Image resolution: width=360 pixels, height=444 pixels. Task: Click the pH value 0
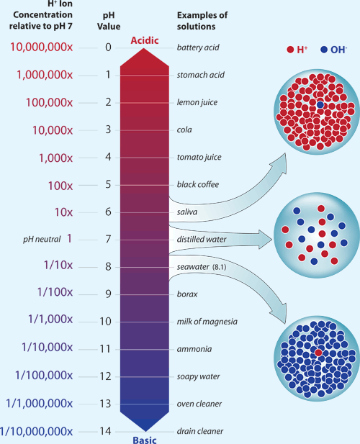pos(108,47)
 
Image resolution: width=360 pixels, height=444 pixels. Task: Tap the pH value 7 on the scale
pos(108,239)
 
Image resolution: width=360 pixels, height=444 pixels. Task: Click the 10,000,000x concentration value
pos(41,47)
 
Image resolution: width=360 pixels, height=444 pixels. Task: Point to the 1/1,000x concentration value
pos(49,321)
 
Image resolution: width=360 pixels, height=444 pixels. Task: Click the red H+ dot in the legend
pos(290,50)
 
